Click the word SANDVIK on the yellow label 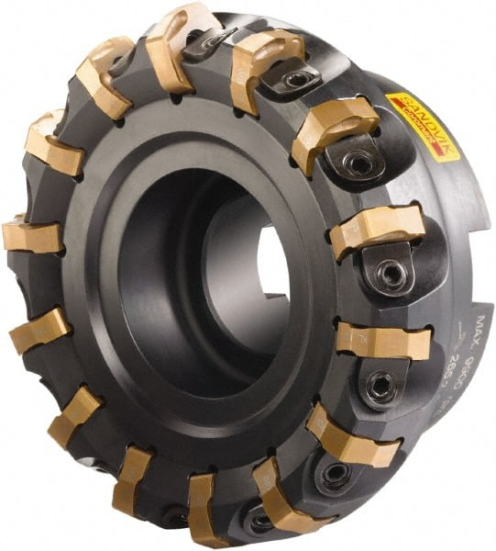click(x=419, y=112)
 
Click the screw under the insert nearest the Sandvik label click(x=358, y=163)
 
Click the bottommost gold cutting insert click(x=205, y=510)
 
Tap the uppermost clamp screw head click(x=205, y=39)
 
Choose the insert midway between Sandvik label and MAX click(x=377, y=229)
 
